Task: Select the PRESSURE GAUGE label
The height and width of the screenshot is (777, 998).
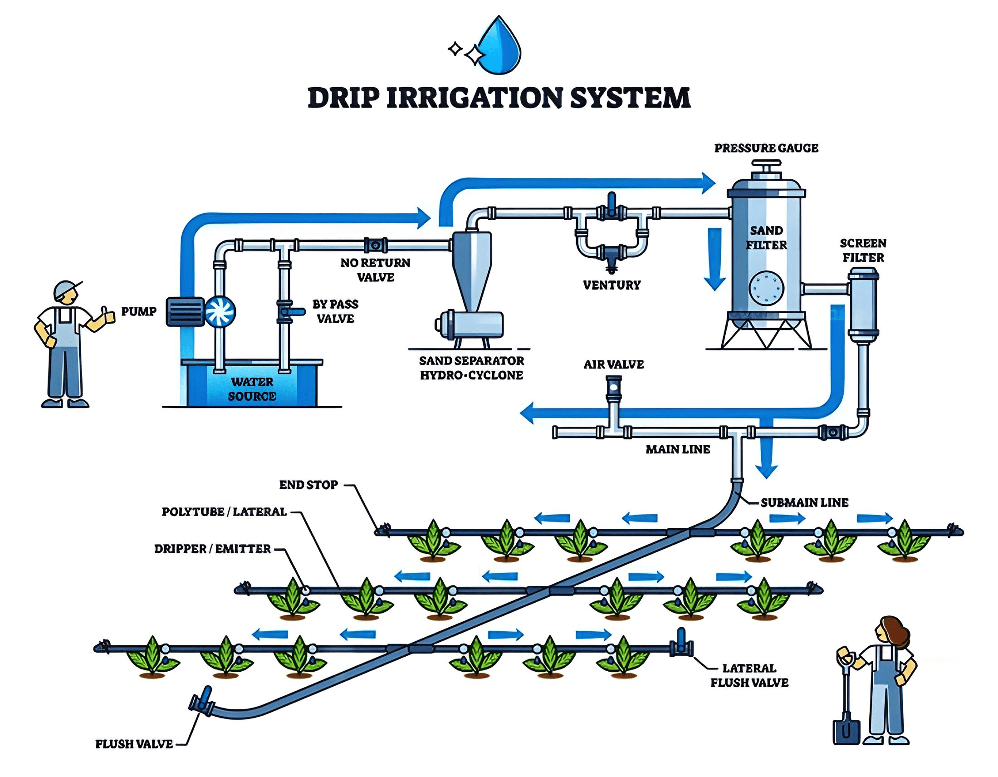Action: [x=766, y=148]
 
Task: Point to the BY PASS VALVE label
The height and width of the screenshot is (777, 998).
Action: [x=335, y=311]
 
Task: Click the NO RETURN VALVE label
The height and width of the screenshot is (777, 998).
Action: [x=375, y=270]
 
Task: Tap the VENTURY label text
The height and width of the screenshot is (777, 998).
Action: [x=612, y=285]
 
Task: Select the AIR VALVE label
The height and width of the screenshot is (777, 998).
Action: [x=613, y=364]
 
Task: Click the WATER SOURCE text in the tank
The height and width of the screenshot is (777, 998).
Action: [x=252, y=389]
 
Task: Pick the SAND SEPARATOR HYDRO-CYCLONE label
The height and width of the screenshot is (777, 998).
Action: [x=471, y=368]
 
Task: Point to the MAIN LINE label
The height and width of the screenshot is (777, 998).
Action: [x=677, y=450]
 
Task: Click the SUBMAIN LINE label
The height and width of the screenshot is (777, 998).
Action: [x=804, y=503]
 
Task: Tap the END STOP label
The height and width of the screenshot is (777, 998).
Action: [x=308, y=485]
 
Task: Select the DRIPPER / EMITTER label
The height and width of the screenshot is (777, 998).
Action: [x=212, y=549]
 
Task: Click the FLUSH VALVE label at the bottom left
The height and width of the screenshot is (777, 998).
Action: [x=134, y=744]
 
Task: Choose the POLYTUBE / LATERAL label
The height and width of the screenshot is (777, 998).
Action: [x=224, y=512]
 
